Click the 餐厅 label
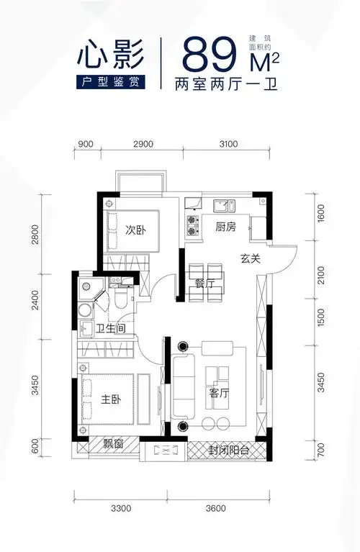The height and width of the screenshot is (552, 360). [x=205, y=284]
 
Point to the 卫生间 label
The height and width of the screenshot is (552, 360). [x=112, y=328]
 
